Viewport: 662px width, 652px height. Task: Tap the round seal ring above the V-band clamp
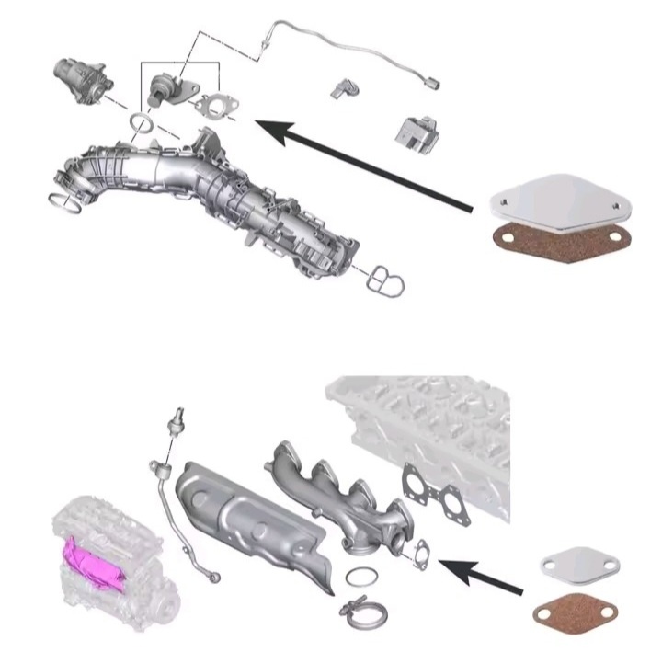click(360, 578)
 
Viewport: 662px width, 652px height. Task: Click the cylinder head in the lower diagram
click(432, 423)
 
